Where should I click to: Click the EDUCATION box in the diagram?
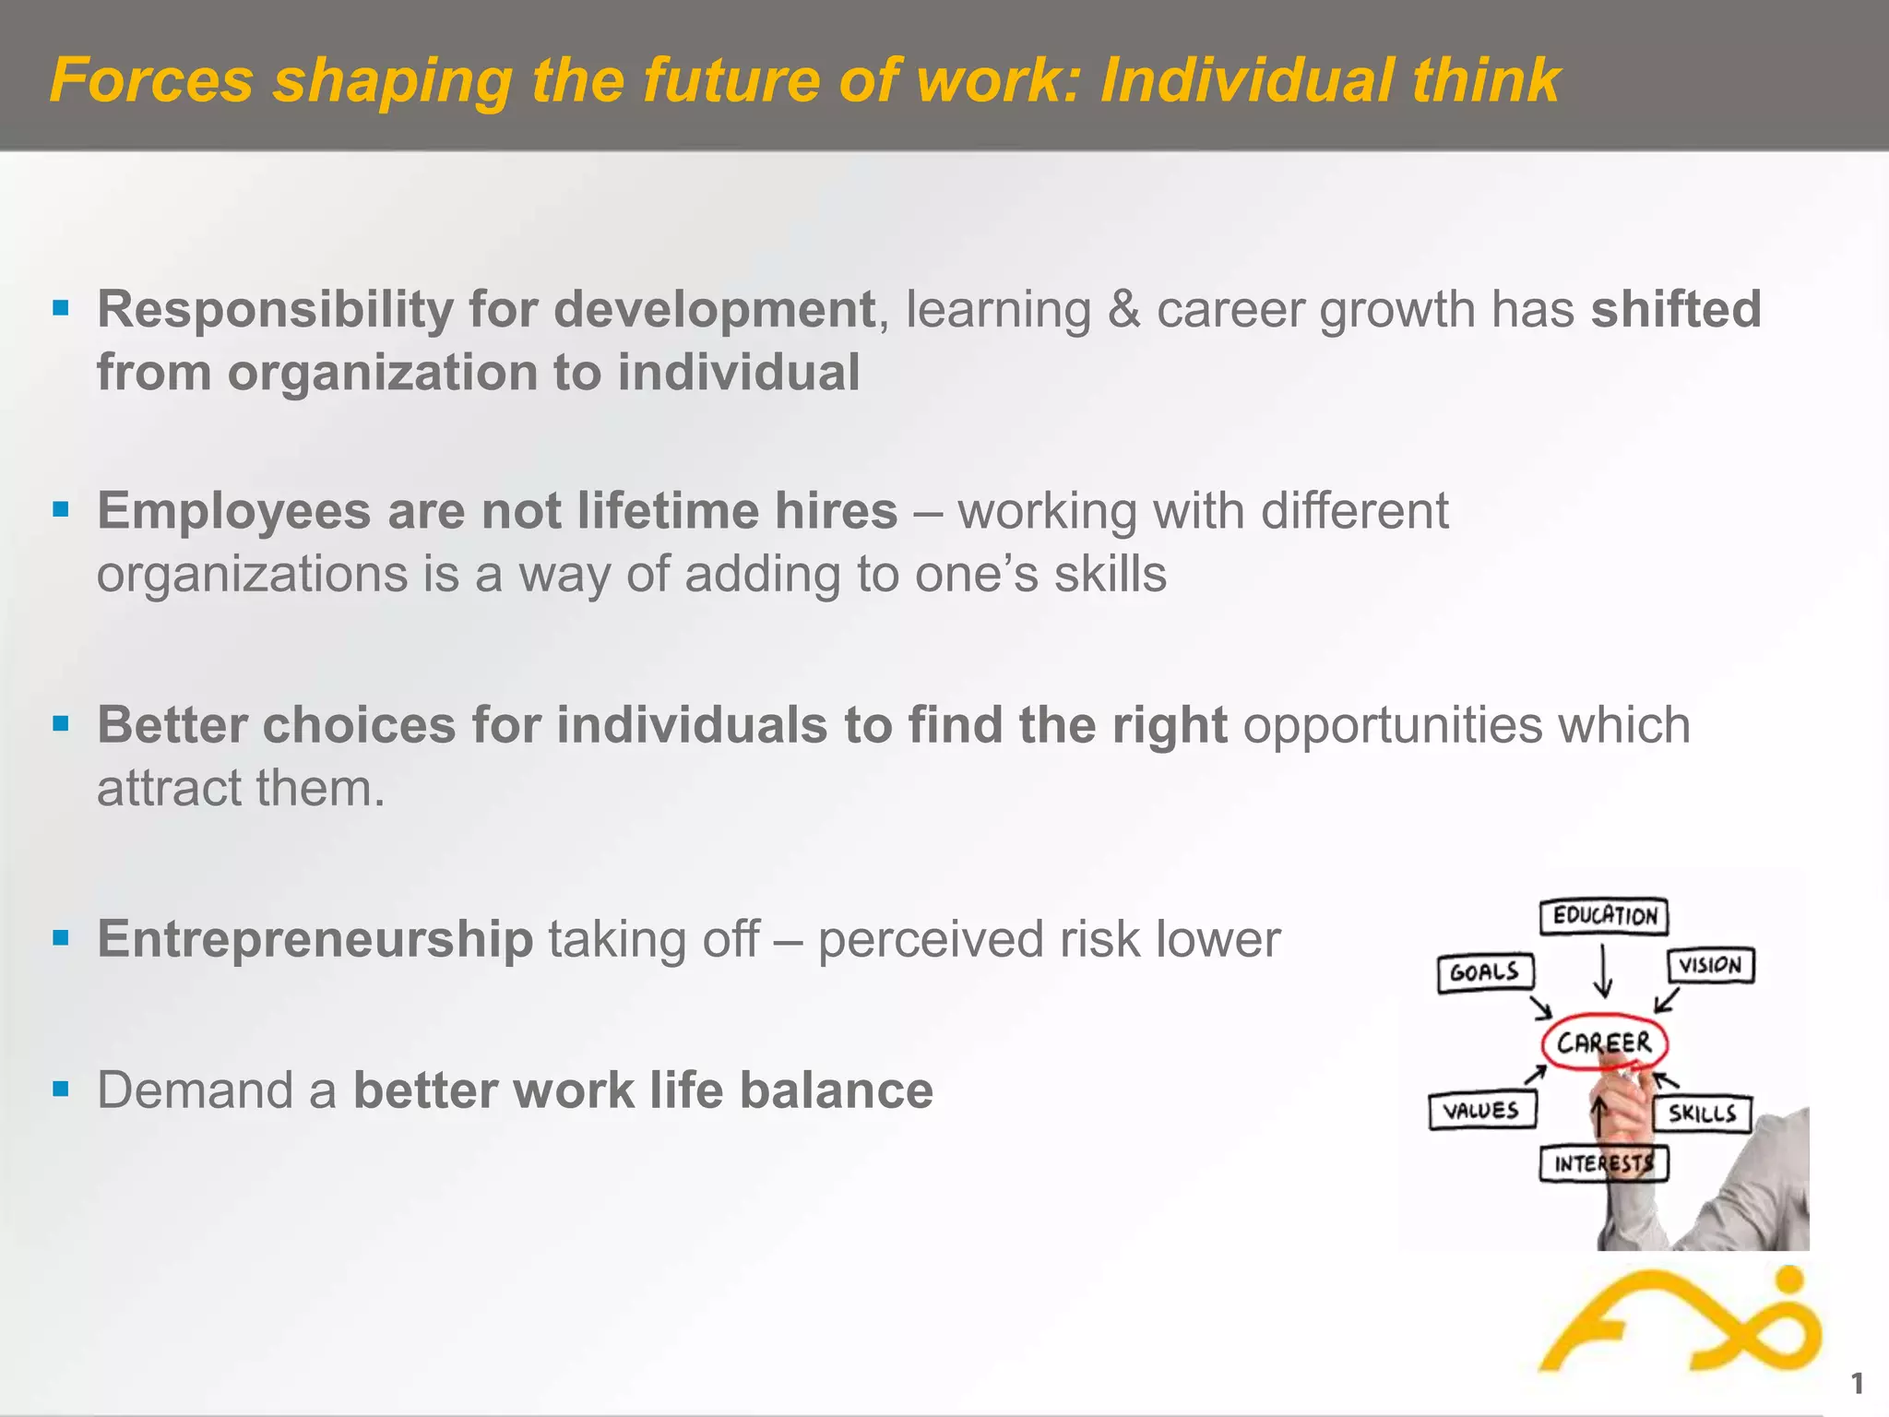[x=1604, y=916]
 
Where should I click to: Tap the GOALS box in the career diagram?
[x=1485, y=972]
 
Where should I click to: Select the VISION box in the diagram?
[x=1710, y=966]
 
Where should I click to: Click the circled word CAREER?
[x=1604, y=1042]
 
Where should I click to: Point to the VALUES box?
[x=1481, y=1110]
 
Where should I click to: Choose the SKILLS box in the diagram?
[x=1702, y=1113]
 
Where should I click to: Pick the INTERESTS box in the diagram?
[x=1604, y=1163]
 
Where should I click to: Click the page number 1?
[x=1857, y=1383]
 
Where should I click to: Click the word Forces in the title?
[x=151, y=79]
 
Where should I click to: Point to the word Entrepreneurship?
[x=315, y=939]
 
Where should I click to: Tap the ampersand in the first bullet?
[x=1123, y=309]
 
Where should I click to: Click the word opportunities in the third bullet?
[x=1392, y=725]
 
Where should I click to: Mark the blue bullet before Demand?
[x=61, y=1090]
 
